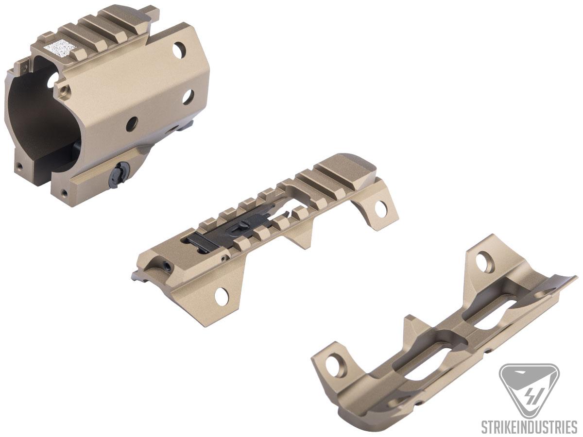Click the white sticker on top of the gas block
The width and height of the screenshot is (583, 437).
(61, 48)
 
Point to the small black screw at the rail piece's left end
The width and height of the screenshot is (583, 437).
(167, 266)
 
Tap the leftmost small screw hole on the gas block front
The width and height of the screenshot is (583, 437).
(19, 166)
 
